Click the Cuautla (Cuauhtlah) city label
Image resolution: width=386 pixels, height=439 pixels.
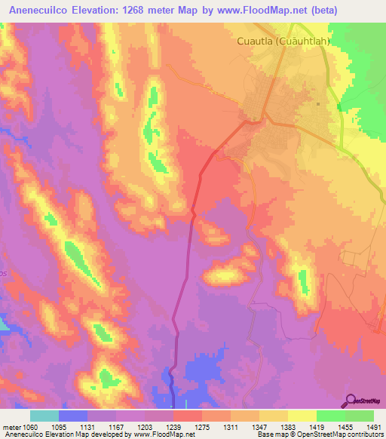(x=285, y=42)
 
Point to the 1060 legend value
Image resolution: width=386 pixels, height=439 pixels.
(x=30, y=426)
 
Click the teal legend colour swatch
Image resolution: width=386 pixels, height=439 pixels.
(x=44, y=416)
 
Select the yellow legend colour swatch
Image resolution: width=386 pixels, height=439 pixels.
(x=302, y=416)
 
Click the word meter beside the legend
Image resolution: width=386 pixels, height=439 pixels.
(x=10, y=426)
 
